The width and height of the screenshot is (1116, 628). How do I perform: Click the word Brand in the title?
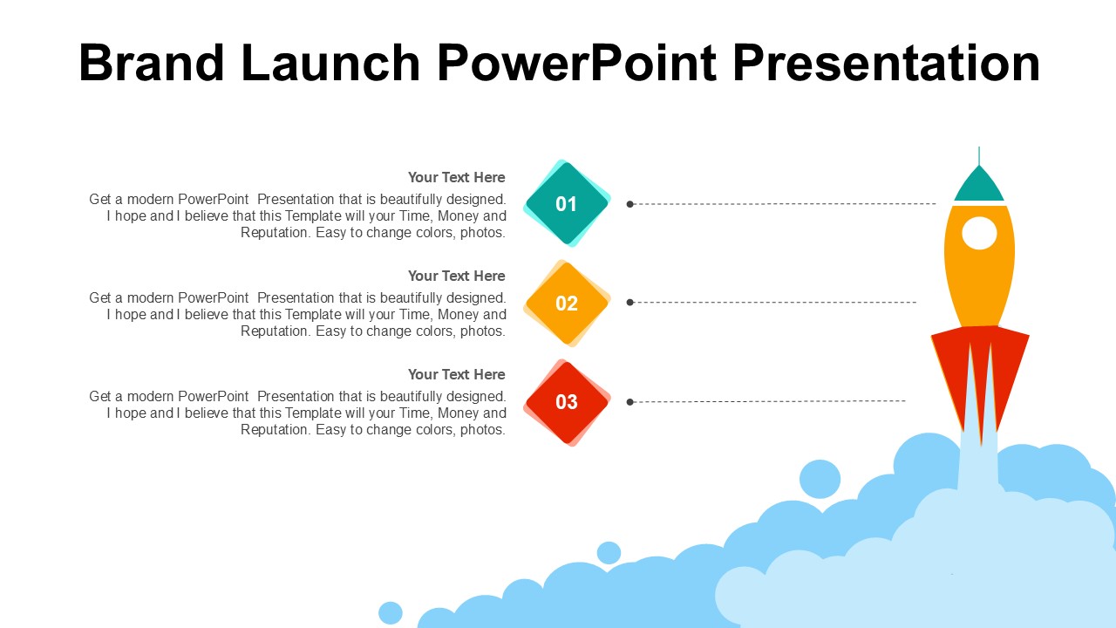[152, 63]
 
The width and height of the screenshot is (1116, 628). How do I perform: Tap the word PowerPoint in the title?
[577, 63]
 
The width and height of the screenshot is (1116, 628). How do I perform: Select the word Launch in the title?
[330, 63]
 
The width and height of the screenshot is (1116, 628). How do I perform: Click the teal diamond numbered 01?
[567, 203]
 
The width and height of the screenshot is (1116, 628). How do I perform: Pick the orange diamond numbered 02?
[567, 303]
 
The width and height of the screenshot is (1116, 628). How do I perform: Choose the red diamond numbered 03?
[567, 402]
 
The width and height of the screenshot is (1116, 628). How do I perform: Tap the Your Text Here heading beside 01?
[456, 177]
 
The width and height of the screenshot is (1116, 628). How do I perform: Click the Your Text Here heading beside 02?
[456, 276]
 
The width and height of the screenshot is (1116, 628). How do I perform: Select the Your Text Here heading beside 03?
[456, 375]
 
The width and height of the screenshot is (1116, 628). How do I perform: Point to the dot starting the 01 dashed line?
[629, 204]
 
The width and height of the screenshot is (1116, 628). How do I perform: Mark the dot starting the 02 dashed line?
[629, 303]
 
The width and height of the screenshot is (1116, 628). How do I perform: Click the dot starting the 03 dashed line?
[629, 402]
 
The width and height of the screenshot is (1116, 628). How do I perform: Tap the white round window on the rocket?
[979, 233]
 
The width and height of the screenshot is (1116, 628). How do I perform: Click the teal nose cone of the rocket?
[979, 184]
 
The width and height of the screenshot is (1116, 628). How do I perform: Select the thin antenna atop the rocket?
[979, 155]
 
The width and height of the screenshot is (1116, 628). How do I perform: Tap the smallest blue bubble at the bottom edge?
[391, 613]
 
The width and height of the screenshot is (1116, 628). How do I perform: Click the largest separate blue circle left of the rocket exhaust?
[820, 480]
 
